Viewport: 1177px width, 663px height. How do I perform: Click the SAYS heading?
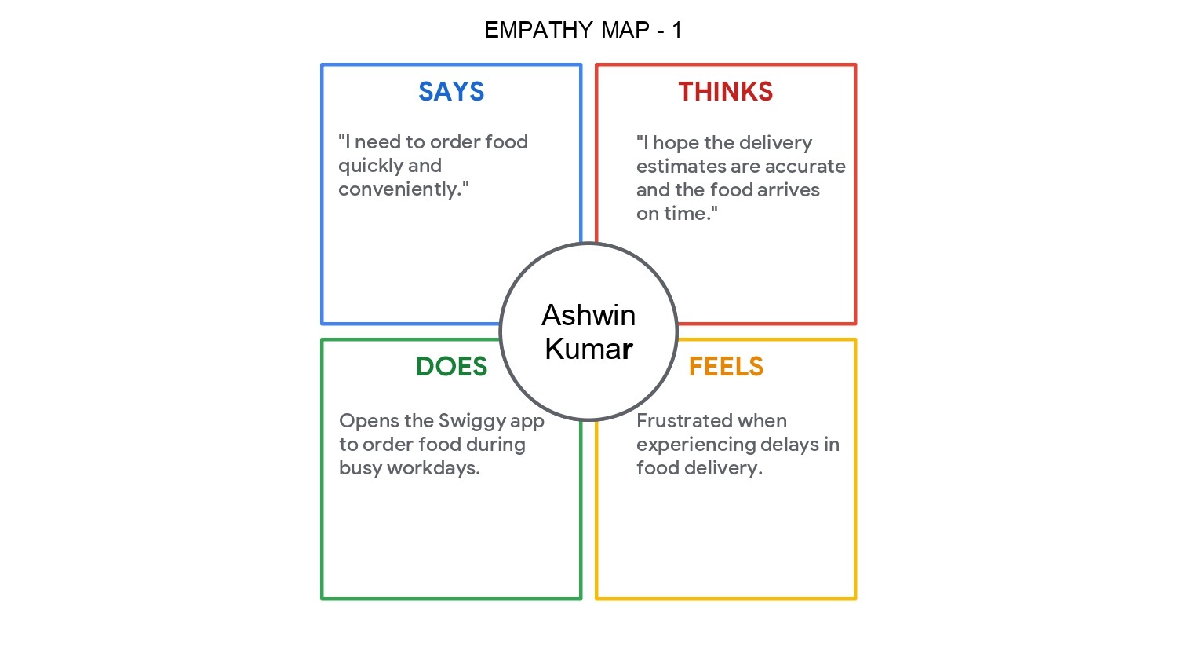pyautogui.click(x=451, y=92)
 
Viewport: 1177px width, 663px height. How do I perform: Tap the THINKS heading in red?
pyautogui.click(x=726, y=92)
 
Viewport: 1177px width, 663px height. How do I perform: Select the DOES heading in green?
pyautogui.click(x=451, y=367)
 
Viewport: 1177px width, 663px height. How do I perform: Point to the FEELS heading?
pyautogui.click(x=726, y=367)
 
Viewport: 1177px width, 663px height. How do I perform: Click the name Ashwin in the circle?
pyautogui.click(x=588, y=315)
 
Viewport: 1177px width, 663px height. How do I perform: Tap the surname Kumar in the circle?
pyautogui.click(x=588, y=349)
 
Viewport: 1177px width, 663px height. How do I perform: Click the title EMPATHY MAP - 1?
pyautogui.click(x=583, y=30)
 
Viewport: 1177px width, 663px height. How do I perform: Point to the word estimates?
pyautogui.click(x=680, y=167)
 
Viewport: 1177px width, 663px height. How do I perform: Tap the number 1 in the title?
pyautogui.click(x=676, y=30)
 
